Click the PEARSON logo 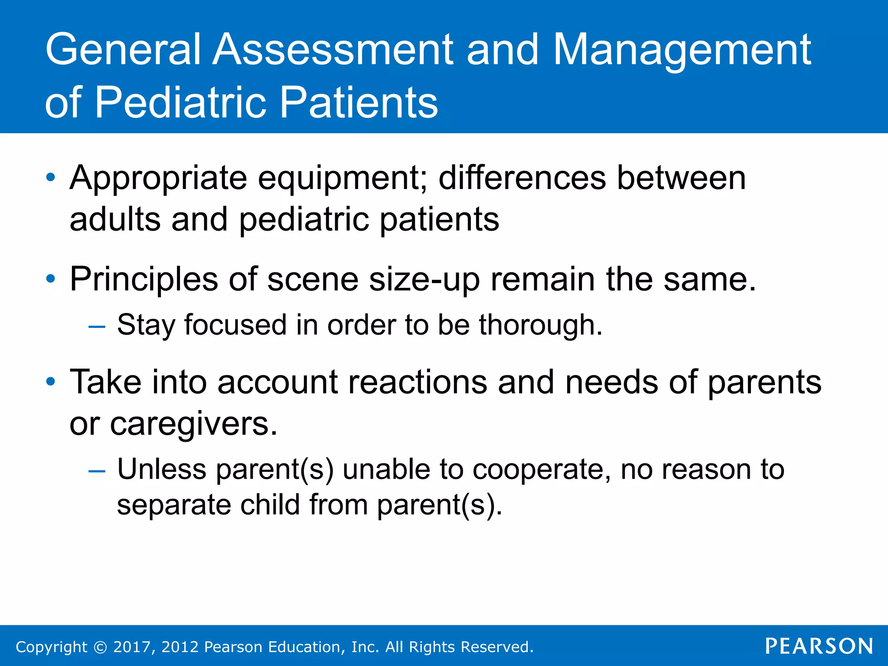[x=819, y=646]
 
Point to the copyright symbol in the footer [x=100, y=647]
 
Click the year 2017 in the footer [x=131, y=647]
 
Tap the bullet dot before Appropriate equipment [x=51, y=177]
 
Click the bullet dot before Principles [x=51, y=279]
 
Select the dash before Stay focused [x=96, y=326]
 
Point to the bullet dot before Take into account [x=51, y=382]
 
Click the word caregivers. [x=193, y=424]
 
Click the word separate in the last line [x=174, y=505]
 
